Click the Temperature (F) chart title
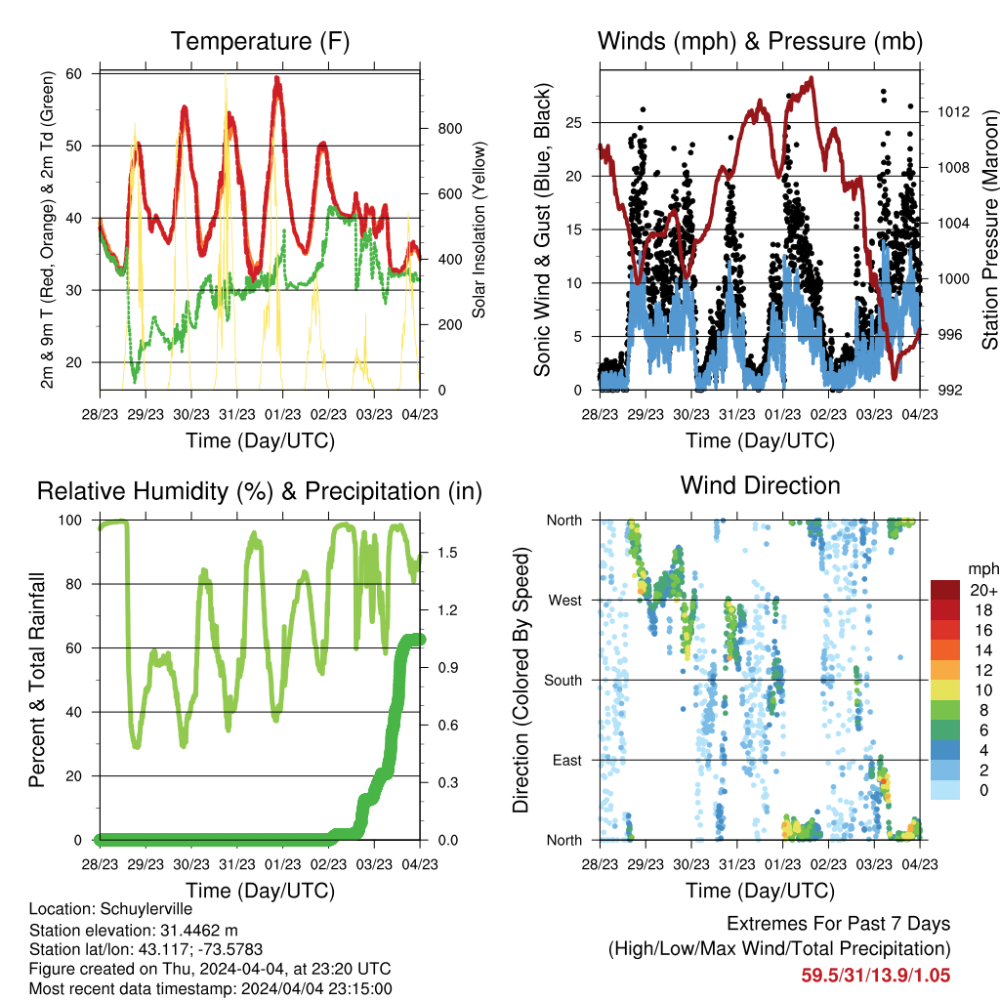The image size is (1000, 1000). (x=260, y=41)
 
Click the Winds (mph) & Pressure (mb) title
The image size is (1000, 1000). (x=760, y=41)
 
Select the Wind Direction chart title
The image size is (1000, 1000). (x=760, y=485)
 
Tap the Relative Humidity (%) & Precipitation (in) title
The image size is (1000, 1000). (x=260, y=492)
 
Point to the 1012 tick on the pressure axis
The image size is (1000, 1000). (x=953, y=112)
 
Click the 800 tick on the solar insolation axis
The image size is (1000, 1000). (x=449, y=129)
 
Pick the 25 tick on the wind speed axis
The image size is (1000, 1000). (x=574, y=122)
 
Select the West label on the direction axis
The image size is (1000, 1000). (x=565, y=601)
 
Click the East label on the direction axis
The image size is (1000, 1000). (x=567, y=760)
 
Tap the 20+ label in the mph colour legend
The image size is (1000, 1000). (x=983, y=591)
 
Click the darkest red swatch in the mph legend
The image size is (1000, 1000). (x=945, y=590)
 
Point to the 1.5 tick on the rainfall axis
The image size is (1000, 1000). (x=447, y=553)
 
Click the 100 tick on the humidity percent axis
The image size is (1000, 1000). (x=70, y=521)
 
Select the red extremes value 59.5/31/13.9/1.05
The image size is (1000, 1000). (x=876, y=976)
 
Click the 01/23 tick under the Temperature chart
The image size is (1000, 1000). (x=282, y=415)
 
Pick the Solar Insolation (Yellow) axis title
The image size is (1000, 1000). (x=479, y=229)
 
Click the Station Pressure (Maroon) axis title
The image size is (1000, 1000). (x=990, y=229)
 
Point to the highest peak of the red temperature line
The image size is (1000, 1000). (x=276, y=78)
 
